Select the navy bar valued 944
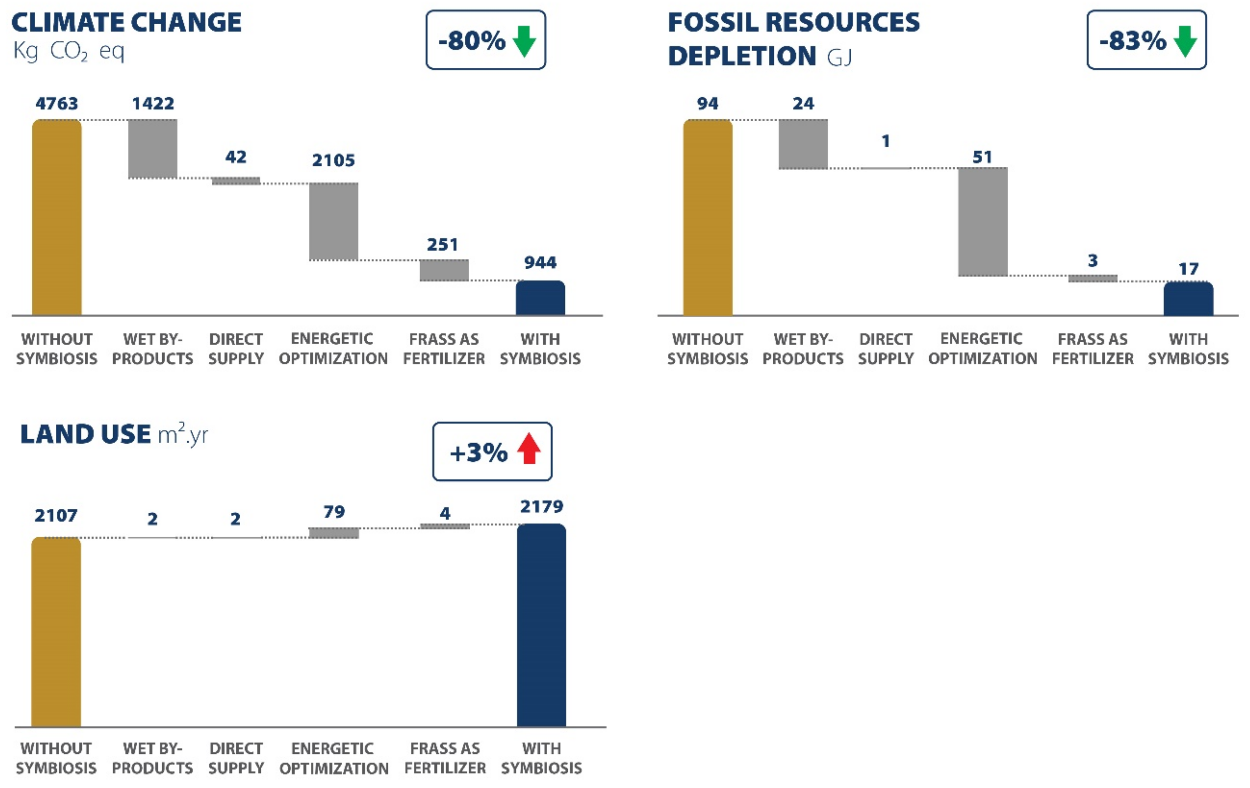[x=540, y=298]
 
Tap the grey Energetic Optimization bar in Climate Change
[x=333, y=221]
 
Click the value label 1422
[x=153, y=103]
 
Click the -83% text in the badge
[x=1133, y=41]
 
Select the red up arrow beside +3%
[x=529, y=449]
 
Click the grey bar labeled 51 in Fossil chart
[x=982, y=221]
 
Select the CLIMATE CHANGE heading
[x=126, y=22]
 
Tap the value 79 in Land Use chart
[x=334, y=512]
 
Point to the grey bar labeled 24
[x=803, y=144]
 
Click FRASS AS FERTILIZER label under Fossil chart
[x=1092, y=349]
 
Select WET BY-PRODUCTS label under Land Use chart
[x=152, y=758]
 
